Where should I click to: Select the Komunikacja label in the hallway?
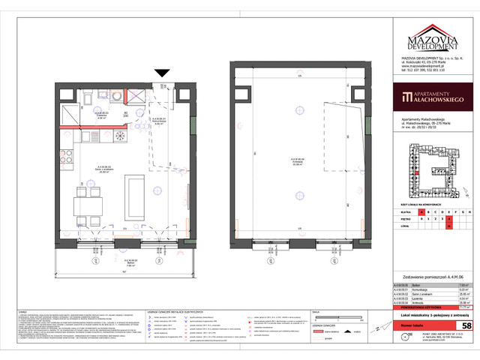point(158,123)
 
